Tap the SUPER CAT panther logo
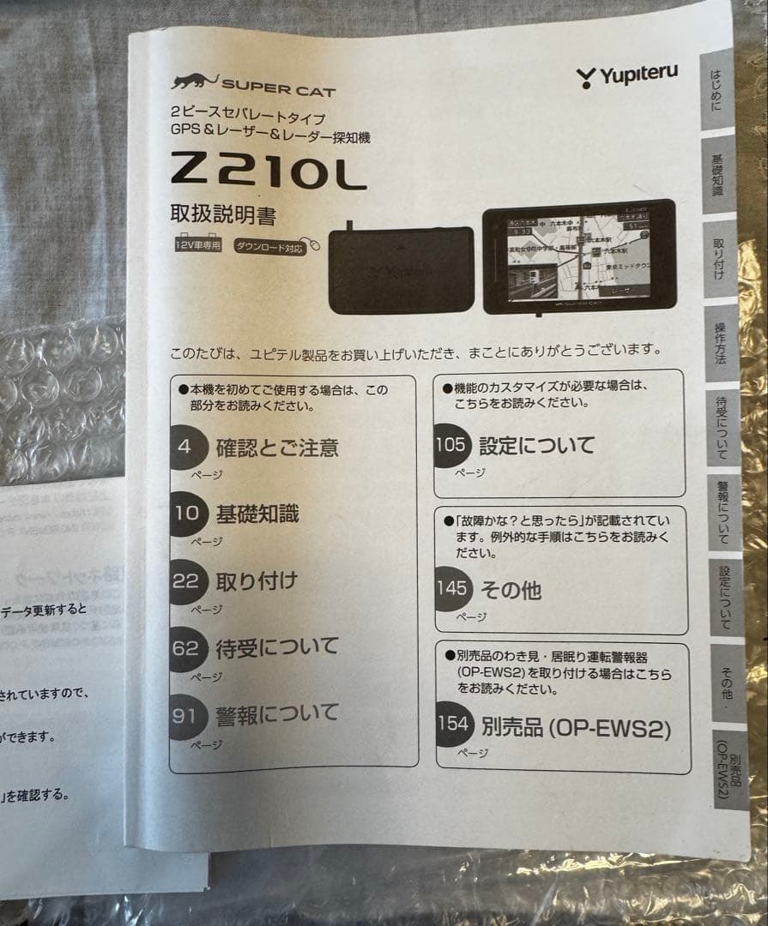193,82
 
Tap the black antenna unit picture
402,268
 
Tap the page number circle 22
186,581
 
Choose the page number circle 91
185,715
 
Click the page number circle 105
451,445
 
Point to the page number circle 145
452,589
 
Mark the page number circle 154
454,724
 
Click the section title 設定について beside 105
536,446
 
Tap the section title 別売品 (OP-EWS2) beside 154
576,728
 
